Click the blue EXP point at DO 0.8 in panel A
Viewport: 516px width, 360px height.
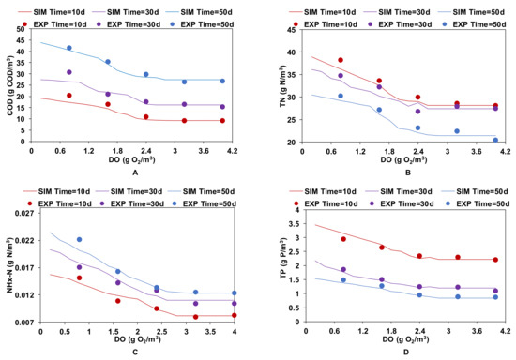(x=69, y=48)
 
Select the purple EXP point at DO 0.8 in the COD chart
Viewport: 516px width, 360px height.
(x=69, y=72)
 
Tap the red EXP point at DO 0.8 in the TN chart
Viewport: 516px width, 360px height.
(x=341, y=60)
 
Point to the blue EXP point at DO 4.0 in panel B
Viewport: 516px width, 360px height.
(x=495, y=140)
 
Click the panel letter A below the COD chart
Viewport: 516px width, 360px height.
(x=136, y=172)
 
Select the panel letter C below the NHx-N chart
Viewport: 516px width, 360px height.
(x=136, y=352)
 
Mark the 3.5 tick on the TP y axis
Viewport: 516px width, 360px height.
(x=292, y=224)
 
